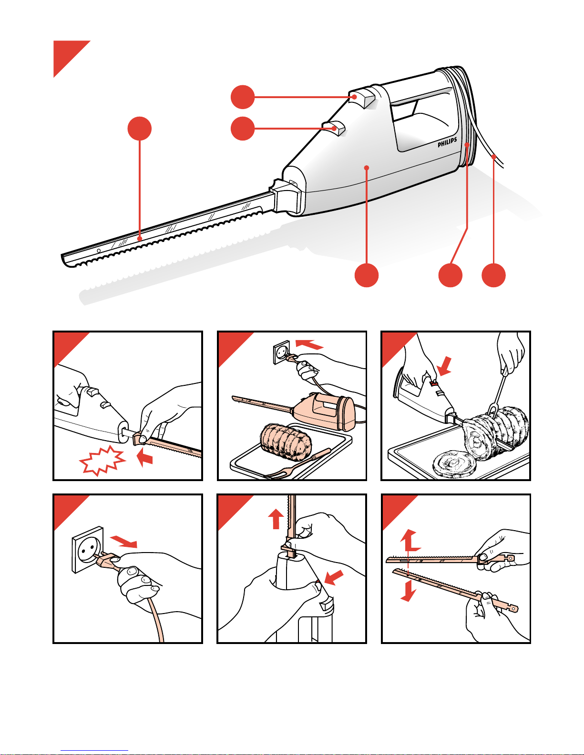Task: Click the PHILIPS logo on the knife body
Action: click(447, 142)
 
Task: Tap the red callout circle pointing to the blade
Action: click(139, 129)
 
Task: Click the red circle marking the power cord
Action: click(493, 275)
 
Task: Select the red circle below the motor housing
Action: click(367, 275)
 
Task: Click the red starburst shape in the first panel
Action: click(102, 461)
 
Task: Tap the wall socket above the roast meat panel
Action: click(282, 352)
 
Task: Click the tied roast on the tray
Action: click(286, 442)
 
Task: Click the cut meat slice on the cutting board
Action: click(454, 464)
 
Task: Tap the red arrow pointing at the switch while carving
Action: click(445, 366)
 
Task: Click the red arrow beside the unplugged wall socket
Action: click(123, 542)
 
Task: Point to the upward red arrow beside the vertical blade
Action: click(276, 519)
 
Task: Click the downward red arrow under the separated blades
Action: click(408, 590)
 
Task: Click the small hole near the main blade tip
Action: click(99, 251)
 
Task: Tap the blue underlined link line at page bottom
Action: click(94, 751)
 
